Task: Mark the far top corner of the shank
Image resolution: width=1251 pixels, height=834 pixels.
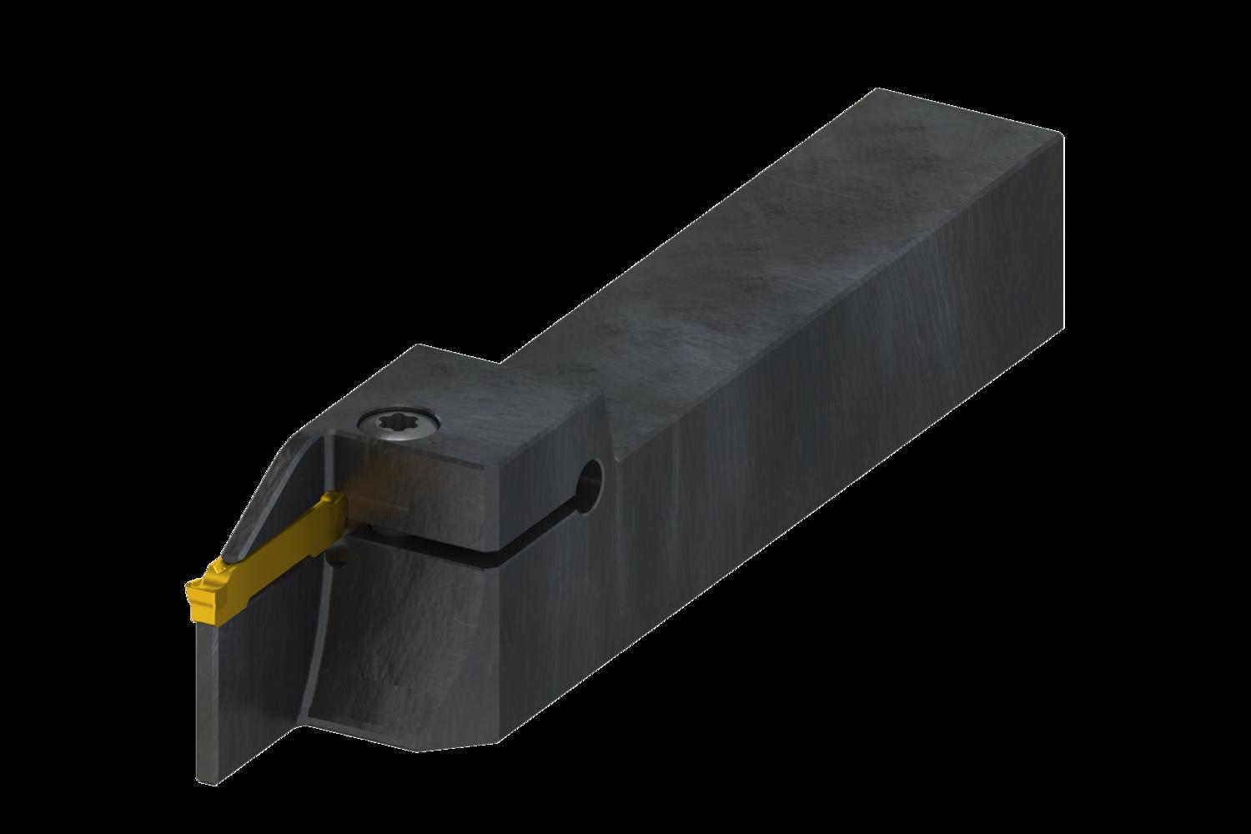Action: [x=1060, y=133]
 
